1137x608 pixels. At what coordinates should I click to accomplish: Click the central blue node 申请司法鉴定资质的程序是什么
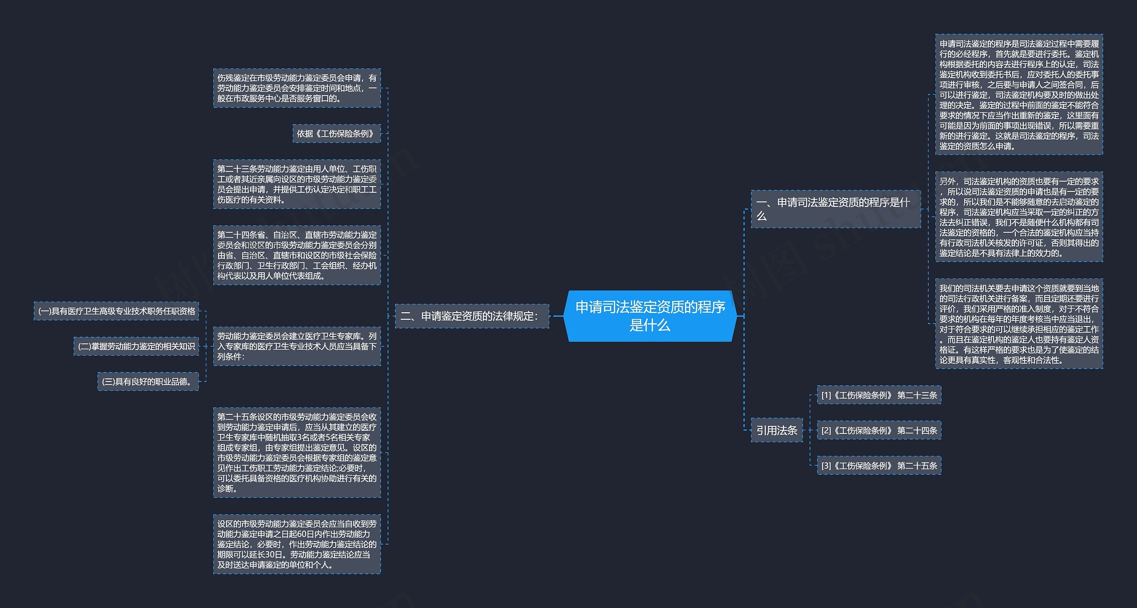[650, 316]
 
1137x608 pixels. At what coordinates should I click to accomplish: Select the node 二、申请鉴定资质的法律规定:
[472, 316]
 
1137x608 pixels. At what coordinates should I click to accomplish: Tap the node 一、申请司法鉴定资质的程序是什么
[836, 209]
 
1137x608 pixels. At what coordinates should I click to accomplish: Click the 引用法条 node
[777, 430]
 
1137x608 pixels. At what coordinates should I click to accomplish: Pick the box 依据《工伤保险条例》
[337, 134]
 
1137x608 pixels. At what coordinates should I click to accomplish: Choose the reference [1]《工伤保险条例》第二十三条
[879, 395]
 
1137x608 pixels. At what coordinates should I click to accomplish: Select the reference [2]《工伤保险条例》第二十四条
[879, 430]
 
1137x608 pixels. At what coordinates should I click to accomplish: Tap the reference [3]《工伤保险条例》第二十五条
[879, 465]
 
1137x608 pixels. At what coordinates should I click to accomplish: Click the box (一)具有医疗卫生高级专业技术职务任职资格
[116, 311]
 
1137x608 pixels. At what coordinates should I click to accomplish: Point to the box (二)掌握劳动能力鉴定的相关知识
[136, 346]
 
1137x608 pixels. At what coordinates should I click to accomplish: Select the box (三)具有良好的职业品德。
[148, 381]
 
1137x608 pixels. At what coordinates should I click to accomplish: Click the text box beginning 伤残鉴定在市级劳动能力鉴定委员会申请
[297, 88]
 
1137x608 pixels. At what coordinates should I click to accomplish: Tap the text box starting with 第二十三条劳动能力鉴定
[297, 184]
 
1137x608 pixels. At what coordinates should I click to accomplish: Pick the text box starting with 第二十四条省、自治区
[297, 255]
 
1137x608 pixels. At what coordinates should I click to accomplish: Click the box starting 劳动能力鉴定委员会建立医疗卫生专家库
[297, 346]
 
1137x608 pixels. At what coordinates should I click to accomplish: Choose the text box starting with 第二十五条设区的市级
[297, 453]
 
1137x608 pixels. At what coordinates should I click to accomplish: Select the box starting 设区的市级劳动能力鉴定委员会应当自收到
[297, 544]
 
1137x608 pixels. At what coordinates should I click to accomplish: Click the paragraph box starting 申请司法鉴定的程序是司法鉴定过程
[1019, 95]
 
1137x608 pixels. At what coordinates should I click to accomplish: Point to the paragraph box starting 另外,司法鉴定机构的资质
[1019, 217]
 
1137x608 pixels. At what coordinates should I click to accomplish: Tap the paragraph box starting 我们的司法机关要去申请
[1019, 324]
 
